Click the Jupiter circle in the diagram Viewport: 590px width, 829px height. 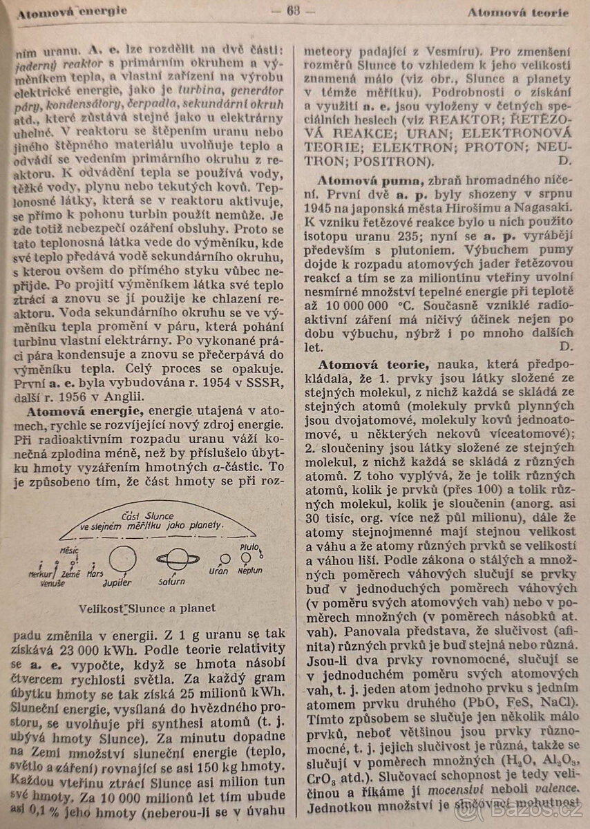[122, 557]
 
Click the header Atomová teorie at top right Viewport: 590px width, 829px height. [517, 12]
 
